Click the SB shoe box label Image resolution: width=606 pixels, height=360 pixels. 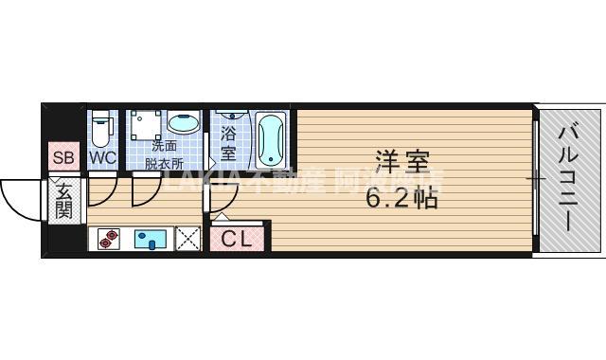tap(63, 158)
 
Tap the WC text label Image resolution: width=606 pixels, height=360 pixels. tap(102, 158)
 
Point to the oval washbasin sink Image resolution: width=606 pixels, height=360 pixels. tap(183, 123)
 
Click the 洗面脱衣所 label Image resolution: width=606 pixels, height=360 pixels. tap(164, 153)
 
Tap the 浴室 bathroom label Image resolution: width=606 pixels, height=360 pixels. tap(228, 144)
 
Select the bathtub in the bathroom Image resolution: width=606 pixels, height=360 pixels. tap(270, 139)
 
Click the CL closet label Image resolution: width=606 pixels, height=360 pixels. tap(237, 240)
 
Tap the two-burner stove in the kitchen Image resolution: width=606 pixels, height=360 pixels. tap(109, 240)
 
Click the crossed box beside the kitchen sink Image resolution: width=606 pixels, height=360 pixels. tap(188, 240)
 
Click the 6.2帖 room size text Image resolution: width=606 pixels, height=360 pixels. tap(401, 199)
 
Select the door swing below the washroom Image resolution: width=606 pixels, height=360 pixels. tap(147, 189)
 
